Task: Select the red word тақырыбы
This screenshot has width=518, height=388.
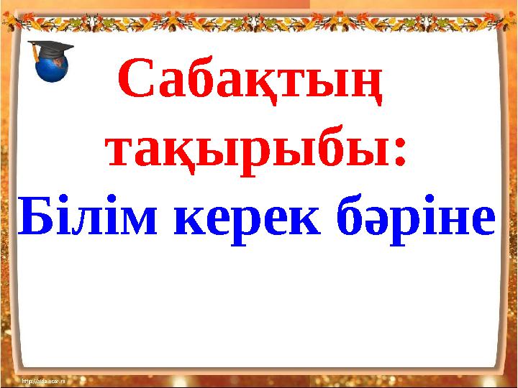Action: pyautogui.click(x=248, y=152)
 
